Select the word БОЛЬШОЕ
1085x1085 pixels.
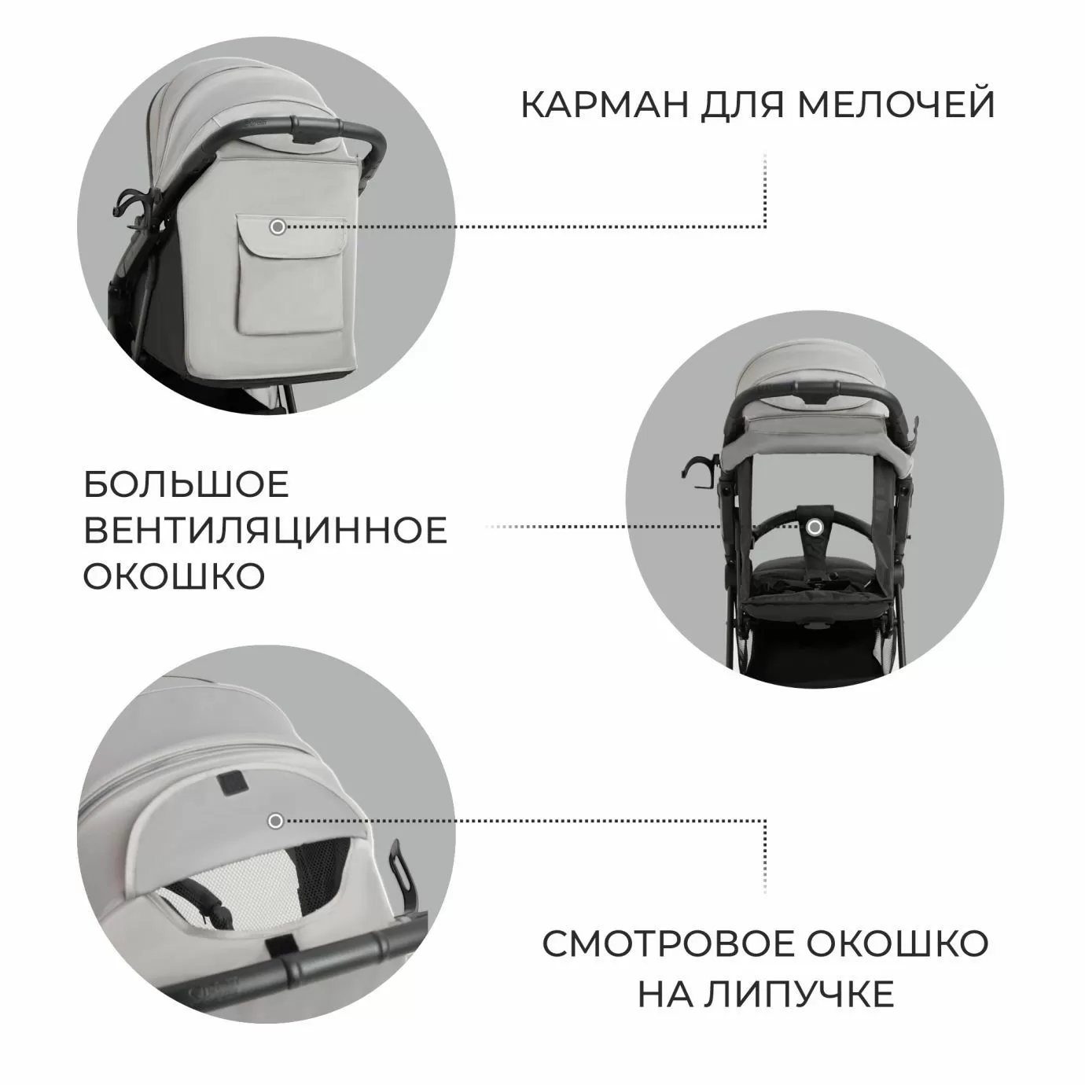(186, 485)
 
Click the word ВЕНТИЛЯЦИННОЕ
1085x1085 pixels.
(265, 531)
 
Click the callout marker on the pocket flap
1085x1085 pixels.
(277, 226)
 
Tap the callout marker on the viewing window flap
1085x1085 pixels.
(275, 821)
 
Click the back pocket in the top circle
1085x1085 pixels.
(291, 283)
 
